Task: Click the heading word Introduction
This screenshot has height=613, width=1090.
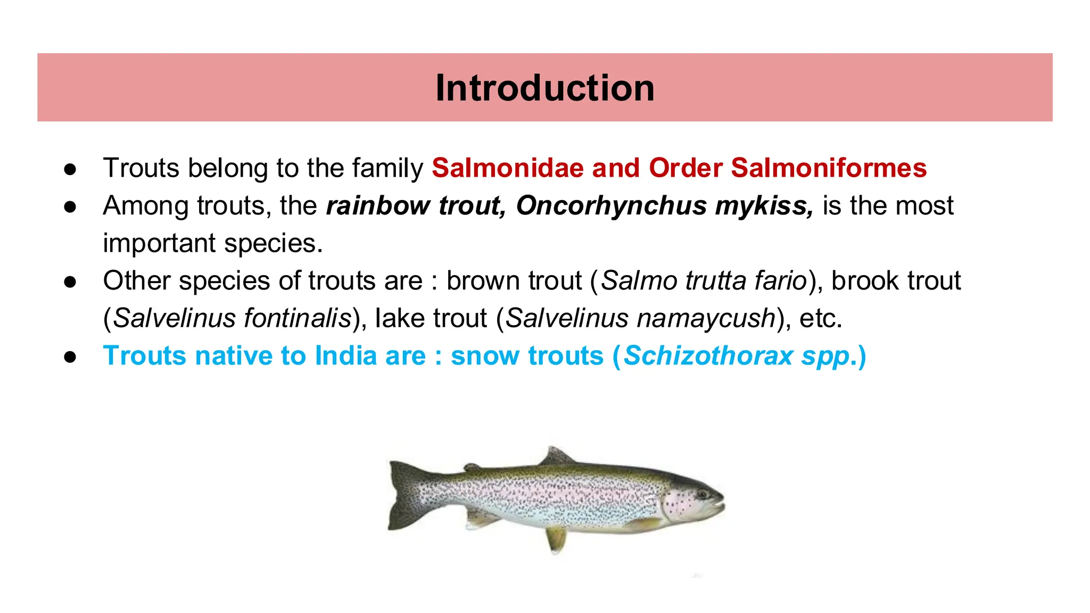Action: click(544, 88)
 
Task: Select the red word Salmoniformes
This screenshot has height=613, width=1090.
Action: click(829, 168)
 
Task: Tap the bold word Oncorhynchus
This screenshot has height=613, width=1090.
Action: click(611, 206)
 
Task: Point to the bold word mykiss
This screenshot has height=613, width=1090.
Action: click(764, 206)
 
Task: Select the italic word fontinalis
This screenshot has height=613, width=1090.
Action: click(298, 319)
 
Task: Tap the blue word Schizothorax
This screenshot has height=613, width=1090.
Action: click(708, 356)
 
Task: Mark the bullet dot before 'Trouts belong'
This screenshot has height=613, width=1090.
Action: click(70, 169)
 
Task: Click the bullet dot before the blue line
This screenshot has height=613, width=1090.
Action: click(70, 357)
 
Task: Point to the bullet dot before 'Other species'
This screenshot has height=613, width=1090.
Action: click(70, 282)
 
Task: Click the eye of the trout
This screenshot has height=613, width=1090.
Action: click(702, 494)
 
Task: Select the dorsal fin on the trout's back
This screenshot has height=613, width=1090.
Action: click(557, 457)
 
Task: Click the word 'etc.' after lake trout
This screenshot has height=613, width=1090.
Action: click(821, 319)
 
